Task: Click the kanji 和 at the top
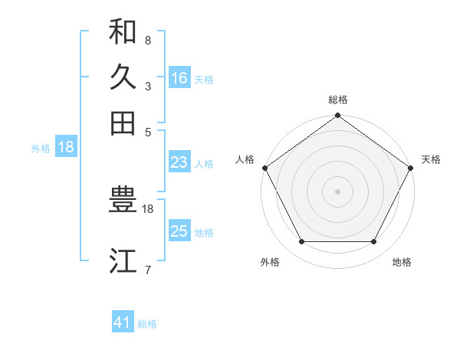pos(123,31)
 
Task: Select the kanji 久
pos(123,77)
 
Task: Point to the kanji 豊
pos(123,201)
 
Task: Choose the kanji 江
pos(123,261)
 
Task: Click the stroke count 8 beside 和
pos(147,39)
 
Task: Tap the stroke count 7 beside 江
pos(147,270)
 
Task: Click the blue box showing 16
pos(179,78)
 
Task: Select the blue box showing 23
pos(179,162)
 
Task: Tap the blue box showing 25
pos(179,231)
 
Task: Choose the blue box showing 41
pos(123,322)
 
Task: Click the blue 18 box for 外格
pos(66,148)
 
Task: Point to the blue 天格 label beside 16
pos(204,80)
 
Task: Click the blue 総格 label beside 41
pos(147,324)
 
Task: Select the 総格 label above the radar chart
pos(337,100)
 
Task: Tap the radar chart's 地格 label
pos(402,263)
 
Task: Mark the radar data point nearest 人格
pos(264,168)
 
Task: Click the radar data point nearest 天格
pos(411,168)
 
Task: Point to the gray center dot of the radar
pos(337,191)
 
